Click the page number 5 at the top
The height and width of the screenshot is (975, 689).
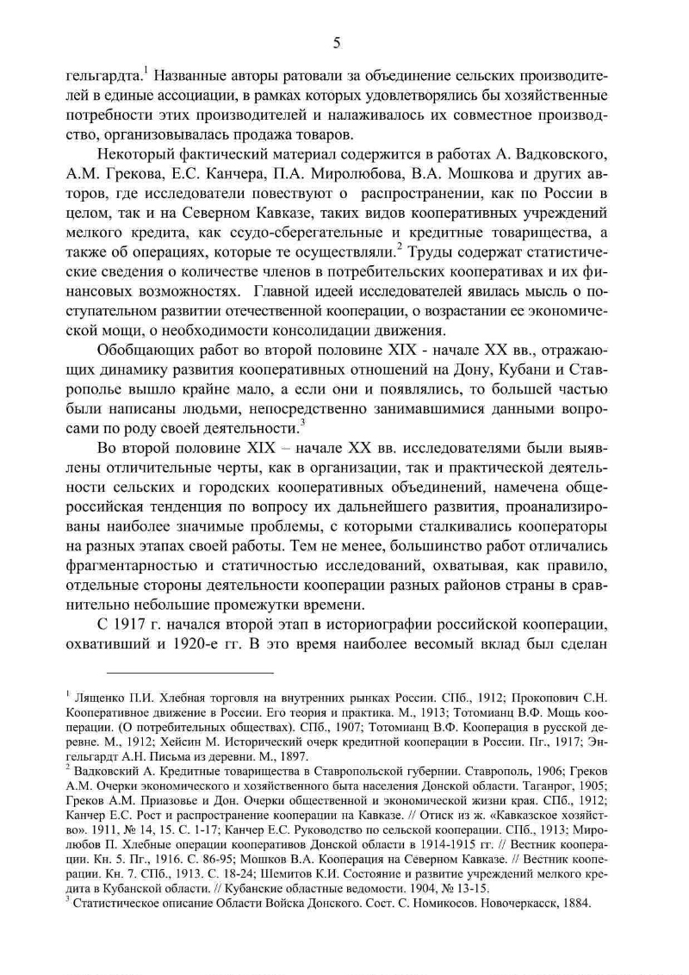(337, 43)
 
